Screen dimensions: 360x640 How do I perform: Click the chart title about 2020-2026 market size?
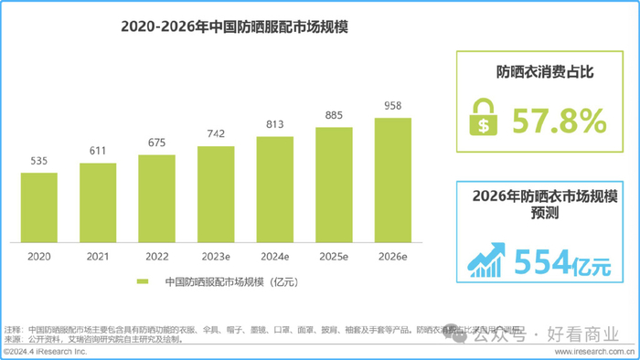click(x=235, y=27)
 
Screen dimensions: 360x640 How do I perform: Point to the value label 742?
click(x=216, y=134)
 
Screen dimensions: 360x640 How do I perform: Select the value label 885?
click(x=334, y=115)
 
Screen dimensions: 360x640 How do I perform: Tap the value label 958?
click(x=392, y=105)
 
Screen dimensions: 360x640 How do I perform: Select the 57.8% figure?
click(x=559, y=121)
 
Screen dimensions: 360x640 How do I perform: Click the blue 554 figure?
click(x=542, y=262)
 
